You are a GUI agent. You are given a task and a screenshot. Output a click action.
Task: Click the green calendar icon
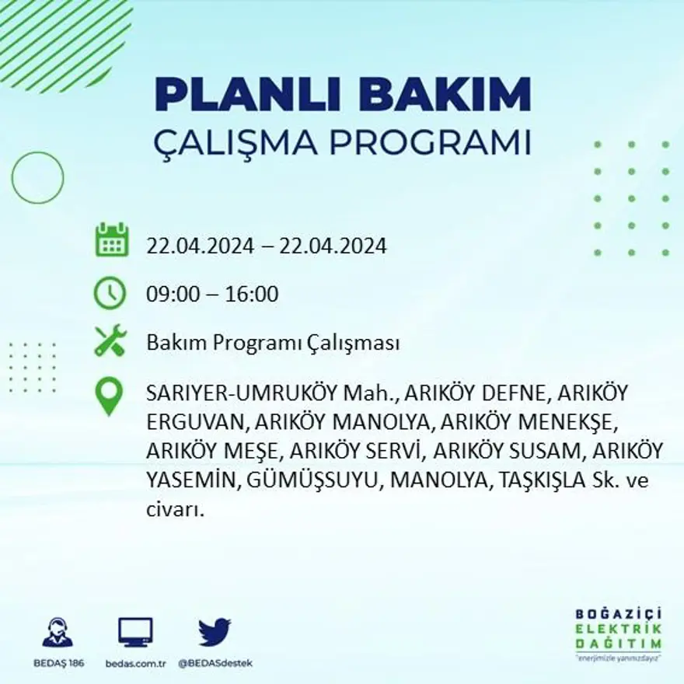coord(111,240)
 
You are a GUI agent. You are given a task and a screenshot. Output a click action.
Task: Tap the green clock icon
coord(110,293)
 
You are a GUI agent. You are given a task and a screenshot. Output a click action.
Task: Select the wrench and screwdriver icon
coord(110,340)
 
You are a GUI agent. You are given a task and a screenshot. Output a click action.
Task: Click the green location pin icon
coord(109,396)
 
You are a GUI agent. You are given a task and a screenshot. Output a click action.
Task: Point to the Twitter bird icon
coord(215,632)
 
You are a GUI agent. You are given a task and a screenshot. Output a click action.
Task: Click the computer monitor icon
coord(135,632)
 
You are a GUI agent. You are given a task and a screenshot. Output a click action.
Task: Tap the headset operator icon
coord(58,632)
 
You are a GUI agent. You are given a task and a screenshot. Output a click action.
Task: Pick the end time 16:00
coord(252,295)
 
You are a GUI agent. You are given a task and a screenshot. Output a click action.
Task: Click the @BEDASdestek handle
coord(215,663)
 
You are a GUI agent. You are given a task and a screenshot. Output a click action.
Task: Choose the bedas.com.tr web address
coord(136,663)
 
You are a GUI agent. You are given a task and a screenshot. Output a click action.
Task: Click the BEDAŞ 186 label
coord(58,663)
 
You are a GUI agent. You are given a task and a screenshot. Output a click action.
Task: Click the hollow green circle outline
coord(37,178)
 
